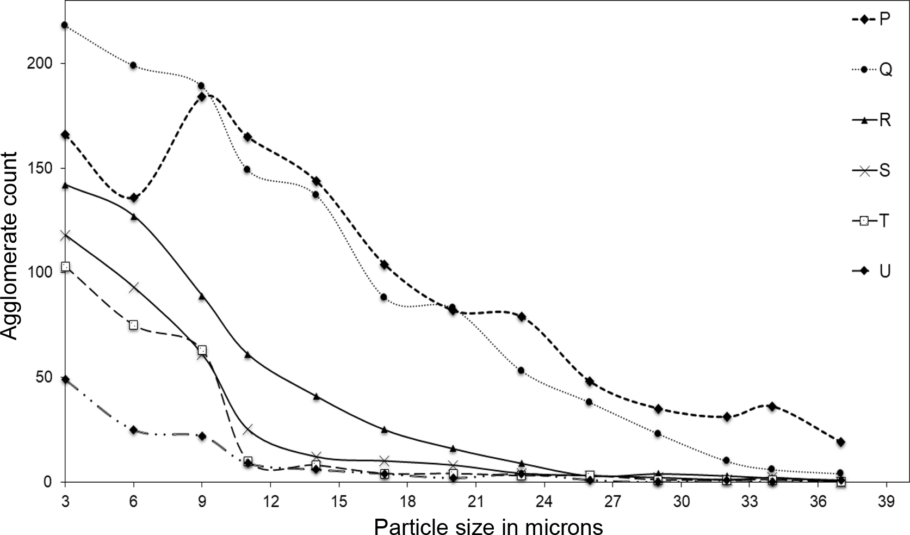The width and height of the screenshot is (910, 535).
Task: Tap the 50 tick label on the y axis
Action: (x=48, y=377)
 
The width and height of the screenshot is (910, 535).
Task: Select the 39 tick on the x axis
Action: (x=887, y=502)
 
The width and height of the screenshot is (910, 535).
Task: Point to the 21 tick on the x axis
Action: (x=476, y=502)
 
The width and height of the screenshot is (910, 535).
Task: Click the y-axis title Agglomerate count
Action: (x=11, y=247)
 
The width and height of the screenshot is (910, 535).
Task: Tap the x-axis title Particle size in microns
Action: (x=488, y=526)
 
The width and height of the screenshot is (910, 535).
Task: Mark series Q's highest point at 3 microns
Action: (x=65, y=25)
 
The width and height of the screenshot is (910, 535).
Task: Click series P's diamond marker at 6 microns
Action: (x=134, y=198)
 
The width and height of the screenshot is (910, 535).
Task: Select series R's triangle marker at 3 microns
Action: (x=65, y=185)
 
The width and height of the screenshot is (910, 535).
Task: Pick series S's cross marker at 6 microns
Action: (x=134, y=287)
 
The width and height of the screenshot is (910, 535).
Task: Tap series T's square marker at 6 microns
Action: (x=134, y=325)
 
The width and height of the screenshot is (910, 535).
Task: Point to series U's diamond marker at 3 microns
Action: (x=65, y=379)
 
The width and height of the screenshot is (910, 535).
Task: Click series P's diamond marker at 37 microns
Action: (x=840, y=442)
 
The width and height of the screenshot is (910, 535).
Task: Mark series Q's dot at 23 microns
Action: (x=521, y=371)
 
